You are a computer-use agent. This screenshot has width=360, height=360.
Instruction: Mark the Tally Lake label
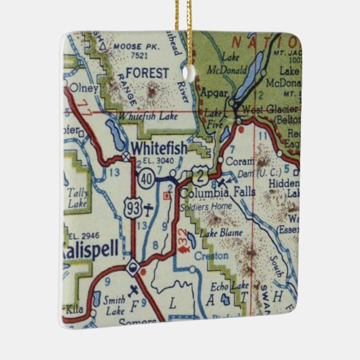(77, 198)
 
